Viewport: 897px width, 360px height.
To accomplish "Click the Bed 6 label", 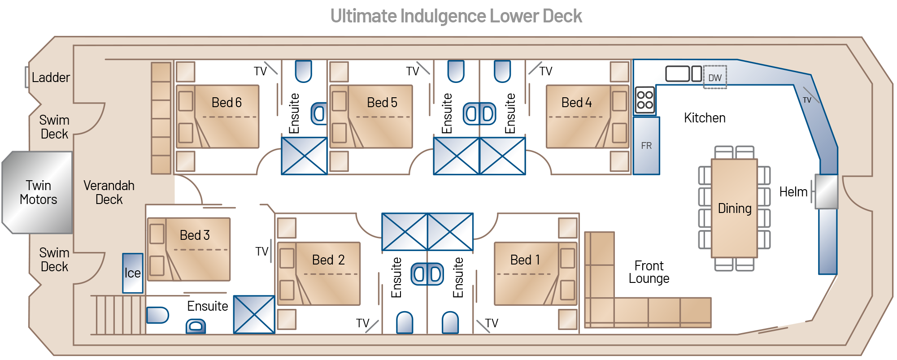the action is (226, 103).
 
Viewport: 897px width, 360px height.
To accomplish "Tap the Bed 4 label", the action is (577, 103).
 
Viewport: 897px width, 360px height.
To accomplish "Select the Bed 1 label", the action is (525, 260).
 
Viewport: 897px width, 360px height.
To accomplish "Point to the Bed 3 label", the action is (195, 235).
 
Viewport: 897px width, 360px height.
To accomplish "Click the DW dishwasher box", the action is (715, 77).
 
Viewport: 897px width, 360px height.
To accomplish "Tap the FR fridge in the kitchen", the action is (646, 146).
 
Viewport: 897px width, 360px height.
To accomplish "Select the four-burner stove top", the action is (645, 100).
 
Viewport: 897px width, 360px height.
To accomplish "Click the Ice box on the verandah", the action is (133, 273).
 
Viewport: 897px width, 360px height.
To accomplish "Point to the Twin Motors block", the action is (38, 192).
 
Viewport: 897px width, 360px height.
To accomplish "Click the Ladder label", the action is (51, 78).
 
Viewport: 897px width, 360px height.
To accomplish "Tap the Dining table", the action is (734, 208).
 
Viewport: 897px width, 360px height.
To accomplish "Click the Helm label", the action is (793, 192).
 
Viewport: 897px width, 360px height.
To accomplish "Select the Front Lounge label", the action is (649, 272).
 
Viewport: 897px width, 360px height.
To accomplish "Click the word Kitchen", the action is (705, 118).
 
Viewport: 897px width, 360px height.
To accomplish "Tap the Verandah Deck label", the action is (109, 192).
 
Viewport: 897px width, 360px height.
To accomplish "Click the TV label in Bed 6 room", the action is (260, 71).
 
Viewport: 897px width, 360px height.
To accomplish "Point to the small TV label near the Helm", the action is (807, 100).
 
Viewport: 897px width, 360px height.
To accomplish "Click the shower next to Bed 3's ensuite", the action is (254, 314).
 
